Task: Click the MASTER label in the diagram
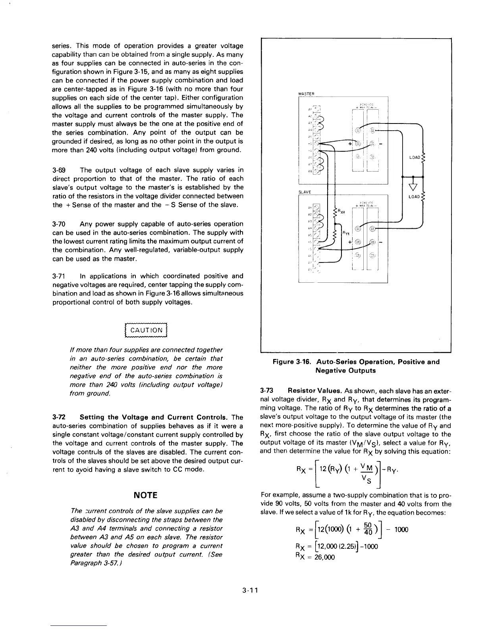(x=306, y=94)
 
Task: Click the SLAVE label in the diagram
(x=305, y=192)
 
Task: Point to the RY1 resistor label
(x=345, y=234)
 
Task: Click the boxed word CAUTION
(x=147, y=330)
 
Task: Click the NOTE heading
(x=146, y=495)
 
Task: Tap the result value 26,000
(x=323, y=557)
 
